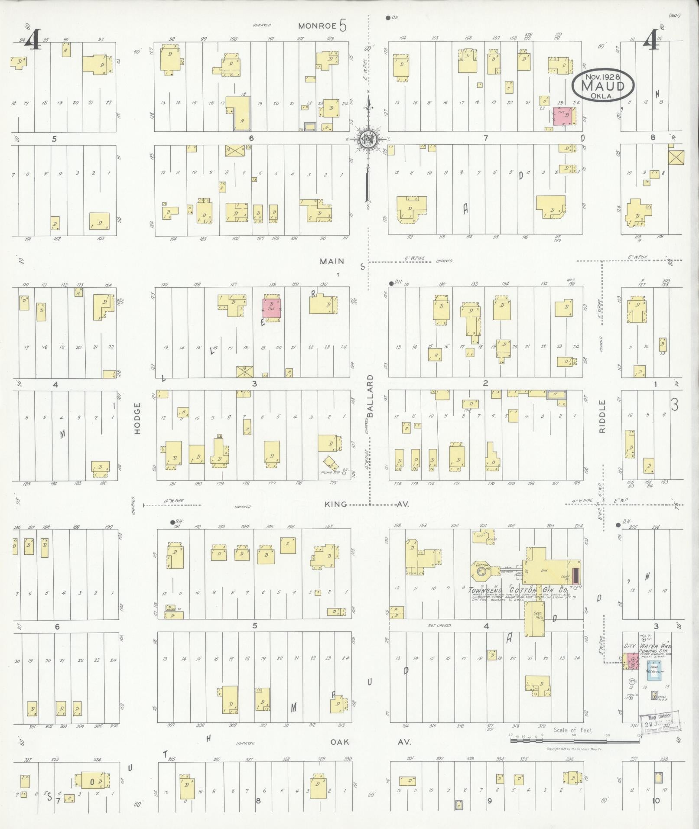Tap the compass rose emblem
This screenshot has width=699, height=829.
click(x=367, y=139)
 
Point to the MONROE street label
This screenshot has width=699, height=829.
click(x=318, y=26)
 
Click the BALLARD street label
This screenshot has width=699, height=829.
click(x=370, y=396)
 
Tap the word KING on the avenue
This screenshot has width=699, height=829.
click(x=335, y=504)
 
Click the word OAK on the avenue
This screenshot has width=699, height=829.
click(x=339, y=742)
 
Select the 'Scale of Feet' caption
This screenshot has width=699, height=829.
click(x=572, y=730)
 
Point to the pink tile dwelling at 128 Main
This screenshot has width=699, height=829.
click(x=272, y=308)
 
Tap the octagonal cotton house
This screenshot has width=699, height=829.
click(x=481, y=571)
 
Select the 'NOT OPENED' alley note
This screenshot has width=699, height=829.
click(x=439, y=625)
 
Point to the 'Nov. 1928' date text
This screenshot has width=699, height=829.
click(x=602, y=76)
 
